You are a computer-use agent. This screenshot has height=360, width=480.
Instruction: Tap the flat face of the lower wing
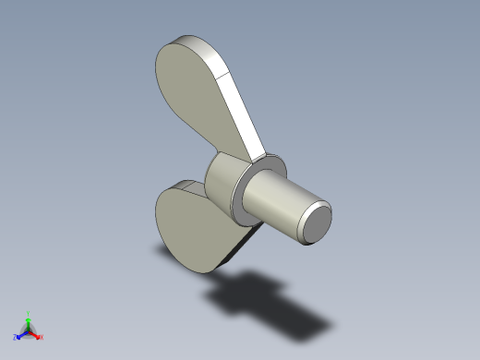(189, 226)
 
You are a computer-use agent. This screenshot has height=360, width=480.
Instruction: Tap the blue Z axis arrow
(21, 334)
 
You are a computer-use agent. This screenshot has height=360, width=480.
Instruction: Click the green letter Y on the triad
(29, 313)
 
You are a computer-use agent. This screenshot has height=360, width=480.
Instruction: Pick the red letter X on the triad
(42, 337)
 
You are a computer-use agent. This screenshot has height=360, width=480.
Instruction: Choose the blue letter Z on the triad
(16, 337)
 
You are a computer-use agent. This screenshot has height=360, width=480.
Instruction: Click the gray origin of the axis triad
(29, 330)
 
